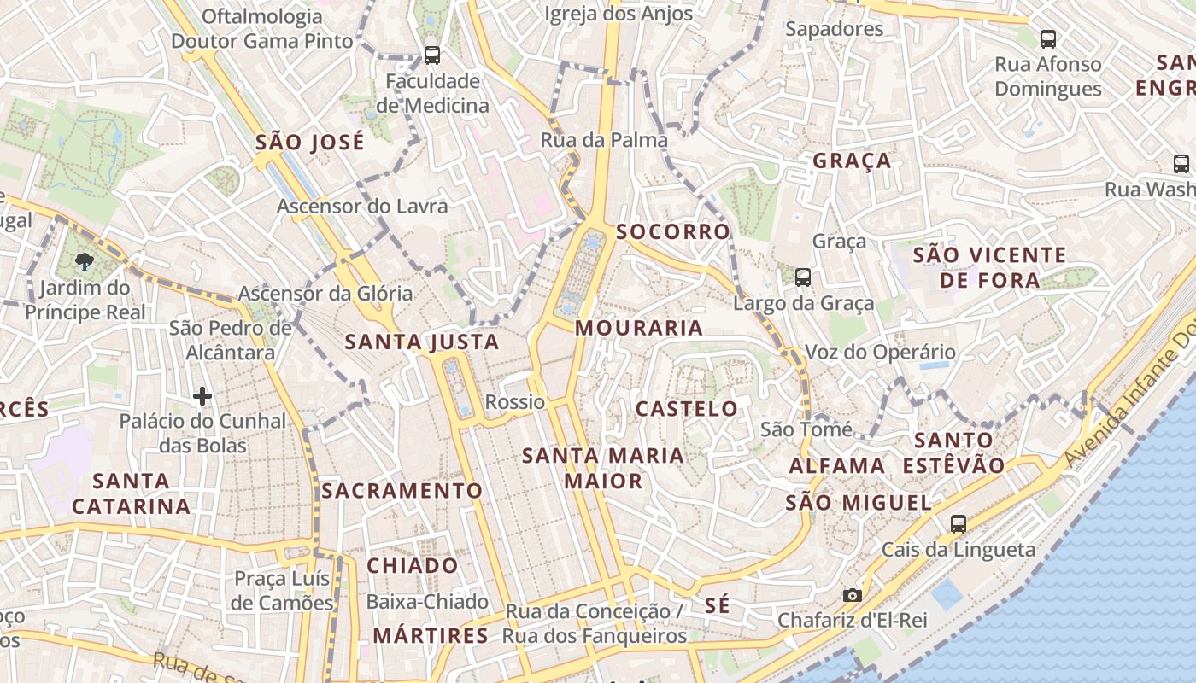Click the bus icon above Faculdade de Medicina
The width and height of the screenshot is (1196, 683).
(432, 55)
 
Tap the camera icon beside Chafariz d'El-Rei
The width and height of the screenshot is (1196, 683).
(852, 595)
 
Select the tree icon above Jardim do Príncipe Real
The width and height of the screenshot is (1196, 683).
(84, 261)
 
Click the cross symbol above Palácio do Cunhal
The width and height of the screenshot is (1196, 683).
(202, 396)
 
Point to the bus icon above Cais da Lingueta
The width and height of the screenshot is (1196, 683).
(959, 524)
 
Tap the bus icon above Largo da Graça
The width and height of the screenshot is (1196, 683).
(803, 277)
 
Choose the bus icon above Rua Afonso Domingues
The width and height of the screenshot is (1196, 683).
(1048, 38)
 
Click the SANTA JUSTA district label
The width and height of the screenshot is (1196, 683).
(422, 342)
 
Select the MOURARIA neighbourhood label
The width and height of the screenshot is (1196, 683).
(639, 328)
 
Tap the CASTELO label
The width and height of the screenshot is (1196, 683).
(687, 409)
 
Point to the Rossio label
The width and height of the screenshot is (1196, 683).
(514, 402)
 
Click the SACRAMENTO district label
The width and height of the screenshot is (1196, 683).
(402, 491)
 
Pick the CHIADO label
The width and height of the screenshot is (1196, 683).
(413, 566)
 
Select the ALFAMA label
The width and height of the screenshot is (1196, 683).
(837, 466)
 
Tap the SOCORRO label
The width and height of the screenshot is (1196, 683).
(673, 232)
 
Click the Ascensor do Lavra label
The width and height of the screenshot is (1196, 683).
(362, 207)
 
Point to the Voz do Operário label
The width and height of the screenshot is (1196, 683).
(881, 352)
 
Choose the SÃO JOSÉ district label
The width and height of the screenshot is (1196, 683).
(310, 143)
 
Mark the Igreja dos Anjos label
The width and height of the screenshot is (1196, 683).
(619, 14)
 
